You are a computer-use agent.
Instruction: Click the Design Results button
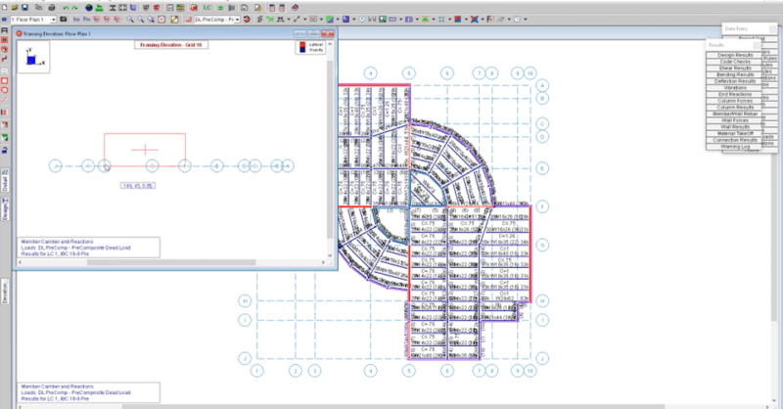pos(736,53)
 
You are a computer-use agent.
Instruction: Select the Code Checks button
pos(736,60)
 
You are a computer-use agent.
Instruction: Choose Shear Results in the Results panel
pos(736,67)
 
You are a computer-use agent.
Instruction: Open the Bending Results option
pos(736,73)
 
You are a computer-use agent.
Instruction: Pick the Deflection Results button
pos(736,80)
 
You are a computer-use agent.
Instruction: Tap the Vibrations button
pos(736,86)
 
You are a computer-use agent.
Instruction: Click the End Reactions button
pos(736,93)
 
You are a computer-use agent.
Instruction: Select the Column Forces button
pos(736,100)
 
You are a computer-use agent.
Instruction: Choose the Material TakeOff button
pos(736,133)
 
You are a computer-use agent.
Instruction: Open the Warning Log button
pos(736,147)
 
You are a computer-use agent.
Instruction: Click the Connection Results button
pos(736,140)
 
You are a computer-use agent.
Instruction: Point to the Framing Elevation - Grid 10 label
pos(172,45)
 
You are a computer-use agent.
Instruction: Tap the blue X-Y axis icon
pos(32,59)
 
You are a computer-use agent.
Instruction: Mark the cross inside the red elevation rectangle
pos(145,150)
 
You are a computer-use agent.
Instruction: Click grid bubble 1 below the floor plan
pos(256,371)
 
